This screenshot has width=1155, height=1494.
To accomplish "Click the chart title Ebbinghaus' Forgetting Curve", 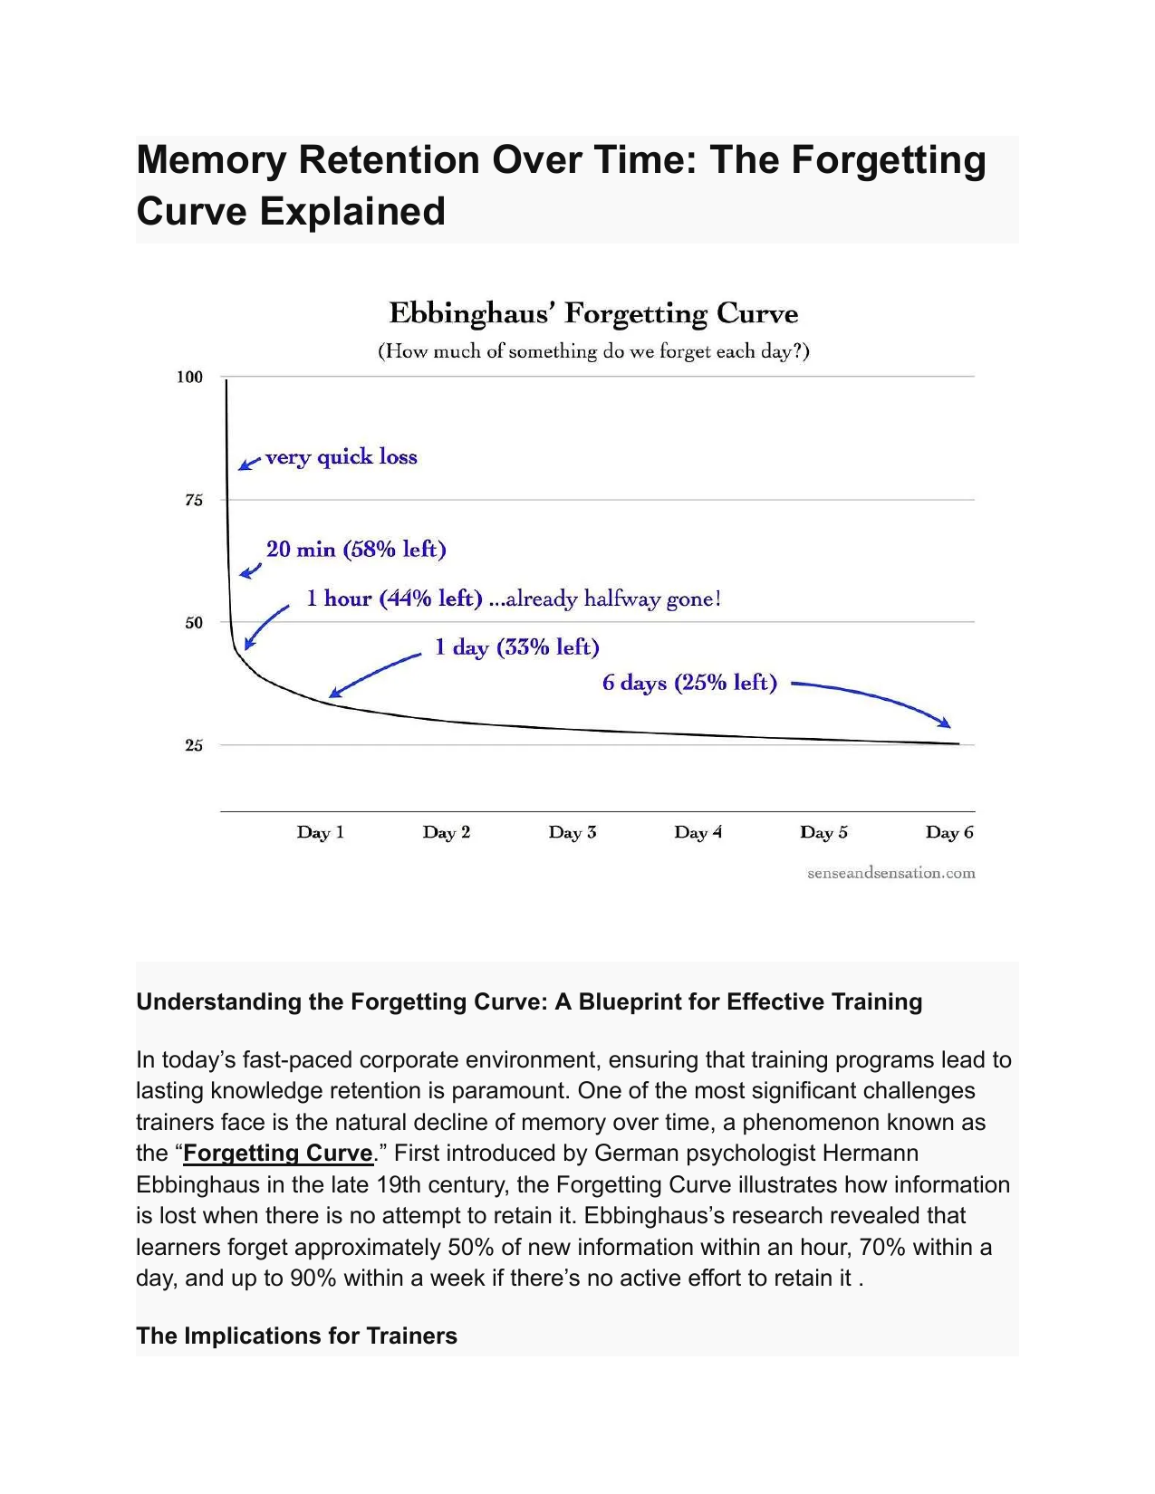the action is (593, 313).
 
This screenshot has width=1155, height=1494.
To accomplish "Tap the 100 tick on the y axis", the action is (190, 377).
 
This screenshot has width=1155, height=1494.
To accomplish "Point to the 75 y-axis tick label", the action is (194, 500).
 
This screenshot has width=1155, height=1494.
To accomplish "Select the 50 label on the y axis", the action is (194, 622).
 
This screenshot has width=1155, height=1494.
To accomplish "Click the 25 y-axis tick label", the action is (194, 745).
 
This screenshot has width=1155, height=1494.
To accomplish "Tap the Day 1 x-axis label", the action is (321, 833).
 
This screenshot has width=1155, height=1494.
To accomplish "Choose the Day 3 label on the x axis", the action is (573, 833).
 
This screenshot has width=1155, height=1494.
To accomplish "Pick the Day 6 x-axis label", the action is (949, 833).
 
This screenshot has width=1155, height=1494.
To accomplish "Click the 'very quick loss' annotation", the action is (342, 458).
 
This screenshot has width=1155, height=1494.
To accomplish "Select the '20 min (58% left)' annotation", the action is (356, 550).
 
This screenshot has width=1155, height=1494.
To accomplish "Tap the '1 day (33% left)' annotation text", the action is (517, 647).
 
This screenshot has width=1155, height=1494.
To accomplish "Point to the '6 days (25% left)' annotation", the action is (690, 683).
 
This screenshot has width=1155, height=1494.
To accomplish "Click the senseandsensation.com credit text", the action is (890, 873).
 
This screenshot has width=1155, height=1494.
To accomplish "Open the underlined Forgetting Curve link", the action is (278, 1153).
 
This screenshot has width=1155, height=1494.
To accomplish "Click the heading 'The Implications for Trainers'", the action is (296, 1336).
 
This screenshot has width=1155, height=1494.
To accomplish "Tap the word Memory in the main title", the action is (211, 161).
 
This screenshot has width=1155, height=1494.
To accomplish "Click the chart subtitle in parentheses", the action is (593, 351).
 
